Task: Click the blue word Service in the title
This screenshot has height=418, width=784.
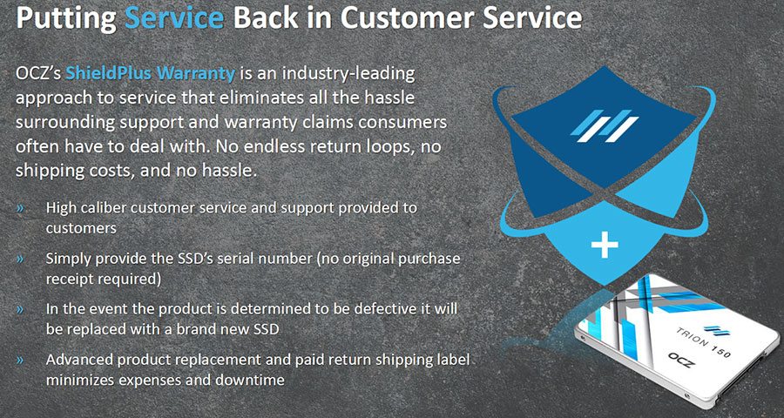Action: (174, 18)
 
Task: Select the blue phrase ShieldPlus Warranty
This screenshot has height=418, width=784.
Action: (150, 74)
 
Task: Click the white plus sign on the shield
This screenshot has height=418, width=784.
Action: (604, 245)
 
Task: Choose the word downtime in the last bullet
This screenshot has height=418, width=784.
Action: (249, 380)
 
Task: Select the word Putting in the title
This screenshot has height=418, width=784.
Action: (66, 19)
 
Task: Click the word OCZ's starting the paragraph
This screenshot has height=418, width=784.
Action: (38, 75)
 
